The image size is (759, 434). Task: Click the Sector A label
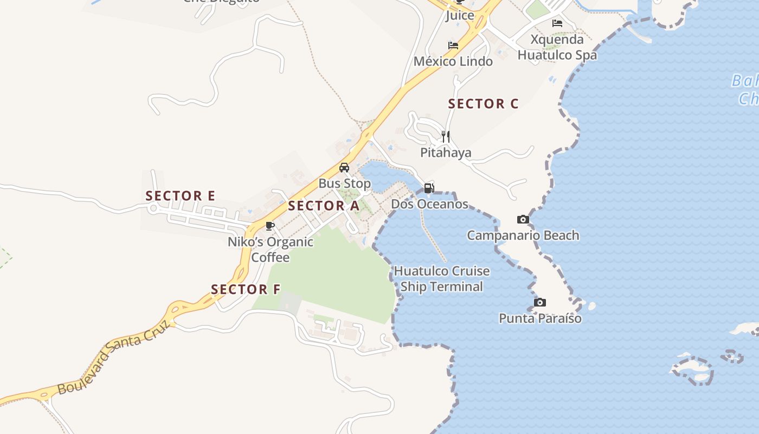(323, 206)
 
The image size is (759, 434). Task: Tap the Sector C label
(483, 104)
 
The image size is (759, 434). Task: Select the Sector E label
(180, 196)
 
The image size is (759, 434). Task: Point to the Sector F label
(246, 289)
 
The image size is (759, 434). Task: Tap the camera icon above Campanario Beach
(523, 220)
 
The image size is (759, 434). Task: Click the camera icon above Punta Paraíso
(539, 302)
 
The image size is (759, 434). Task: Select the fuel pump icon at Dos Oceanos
(429, 188)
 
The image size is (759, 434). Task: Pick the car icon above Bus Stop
(344, 168)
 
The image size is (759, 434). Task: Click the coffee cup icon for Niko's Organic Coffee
(270, 226)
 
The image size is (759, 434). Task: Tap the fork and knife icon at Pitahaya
(446, 136)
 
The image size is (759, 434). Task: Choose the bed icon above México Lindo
(453, 46)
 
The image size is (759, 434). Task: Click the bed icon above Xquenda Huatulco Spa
(557, 23)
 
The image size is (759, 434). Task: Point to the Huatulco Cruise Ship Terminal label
(441, 279)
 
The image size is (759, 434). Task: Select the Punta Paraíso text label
(540, 318)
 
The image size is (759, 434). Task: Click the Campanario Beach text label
(523, 235)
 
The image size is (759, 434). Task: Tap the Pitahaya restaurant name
(446, 153)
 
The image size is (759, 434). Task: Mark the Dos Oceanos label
(429, 205)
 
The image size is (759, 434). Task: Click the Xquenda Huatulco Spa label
(557, 47)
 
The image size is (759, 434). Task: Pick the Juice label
(459, 15)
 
